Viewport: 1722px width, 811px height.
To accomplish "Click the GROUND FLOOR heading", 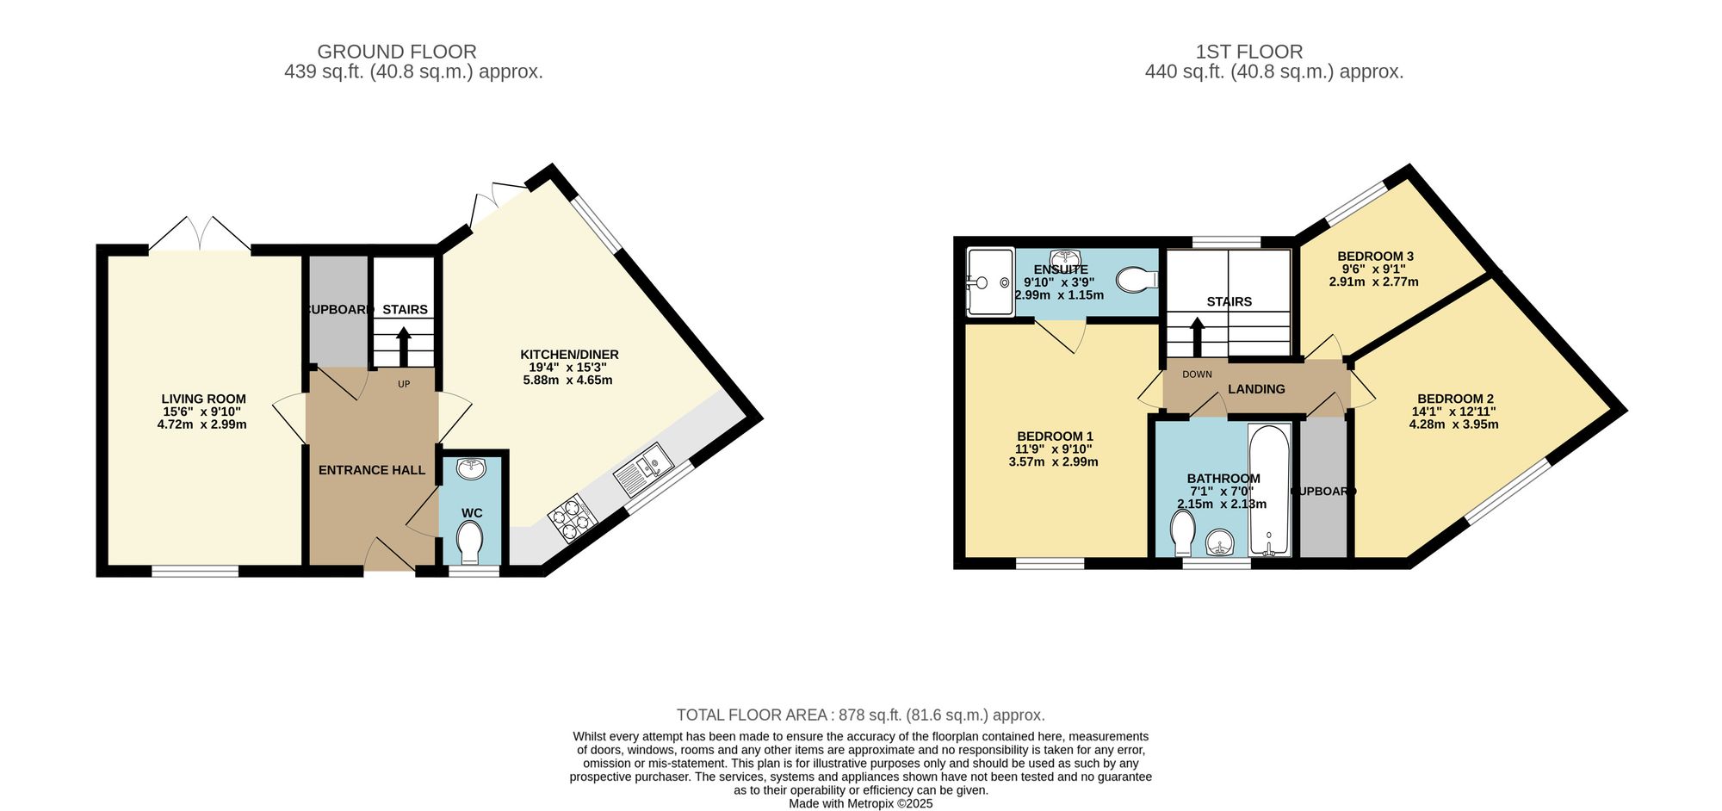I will pos(396,52).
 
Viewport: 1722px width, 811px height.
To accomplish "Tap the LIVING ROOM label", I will pos(203,399).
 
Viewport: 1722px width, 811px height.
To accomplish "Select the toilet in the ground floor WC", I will pos(470,541).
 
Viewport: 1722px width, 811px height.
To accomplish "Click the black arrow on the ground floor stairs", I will pos(403,347).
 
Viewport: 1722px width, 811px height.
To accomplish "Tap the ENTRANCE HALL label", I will pos(371,470).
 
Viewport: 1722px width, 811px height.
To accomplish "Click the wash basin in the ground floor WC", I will pos(471,468).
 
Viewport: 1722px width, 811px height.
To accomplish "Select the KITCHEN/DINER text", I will pos(569,355).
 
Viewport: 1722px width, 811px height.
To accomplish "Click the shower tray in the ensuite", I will pos(990,282).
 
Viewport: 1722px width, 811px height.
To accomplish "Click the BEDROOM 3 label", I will pos(1375,256).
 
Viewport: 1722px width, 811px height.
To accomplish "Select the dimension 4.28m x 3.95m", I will pos(1453,424).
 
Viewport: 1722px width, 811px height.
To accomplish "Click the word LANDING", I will pos(1256,389).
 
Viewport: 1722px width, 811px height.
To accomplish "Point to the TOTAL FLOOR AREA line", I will pos(860,715).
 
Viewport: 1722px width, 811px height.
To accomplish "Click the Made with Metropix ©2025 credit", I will pos(860,803).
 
